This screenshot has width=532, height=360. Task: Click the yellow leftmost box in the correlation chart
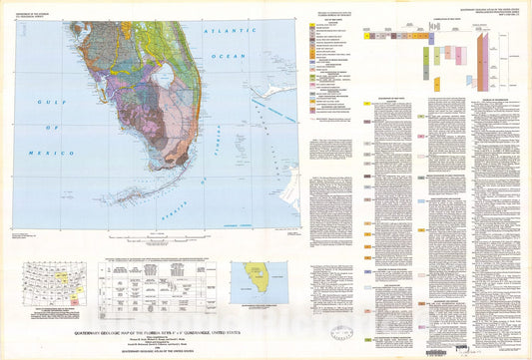coord(369,34)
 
